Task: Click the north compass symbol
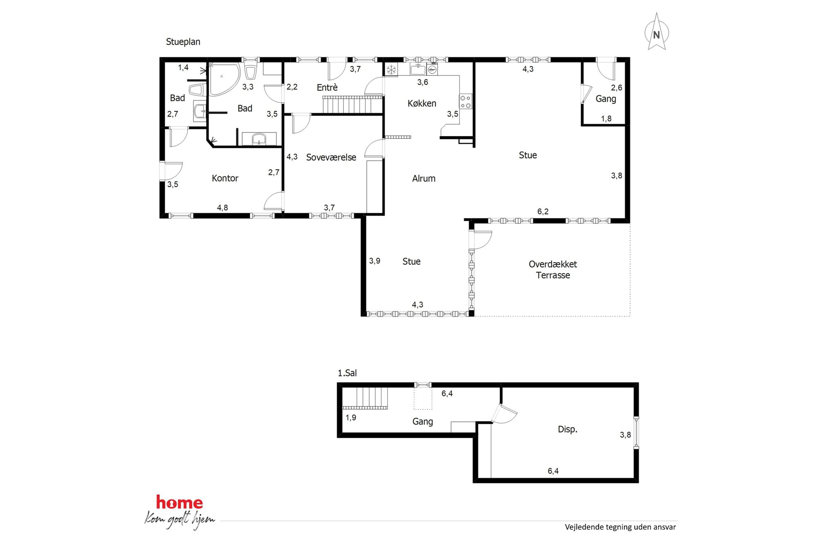(657, 32)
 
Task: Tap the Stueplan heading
(183, 42)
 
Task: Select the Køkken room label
(422, 104)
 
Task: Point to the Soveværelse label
(331, 157)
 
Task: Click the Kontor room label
(225, 178)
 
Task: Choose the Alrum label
(424, 179)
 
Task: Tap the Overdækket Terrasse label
(553, 270)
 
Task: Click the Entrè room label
(327, 87)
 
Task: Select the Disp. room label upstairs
(567, 430)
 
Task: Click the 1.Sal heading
(347, 373)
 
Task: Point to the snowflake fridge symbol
(391, 70)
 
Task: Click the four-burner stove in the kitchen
(466, 102)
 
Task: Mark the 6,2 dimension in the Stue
(543, 212)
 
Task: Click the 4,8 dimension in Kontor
(223, 208)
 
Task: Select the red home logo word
(179, 502)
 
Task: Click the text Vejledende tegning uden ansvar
(620, 527)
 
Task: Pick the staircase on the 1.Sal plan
(365, 398)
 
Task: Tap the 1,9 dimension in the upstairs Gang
(351, 418)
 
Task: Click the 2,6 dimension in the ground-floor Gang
(617, 88)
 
